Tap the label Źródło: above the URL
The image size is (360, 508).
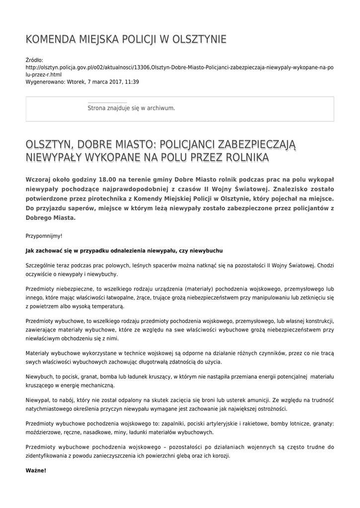(x=34, y=60)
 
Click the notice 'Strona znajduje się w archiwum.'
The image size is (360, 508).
(x=131, y=108)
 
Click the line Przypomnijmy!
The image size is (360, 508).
(x=44, y=236)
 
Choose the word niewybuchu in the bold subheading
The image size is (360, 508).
(x=209, y=251)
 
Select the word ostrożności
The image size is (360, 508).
(x=270, y=409)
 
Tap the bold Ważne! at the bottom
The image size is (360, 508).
(x=36, y=470)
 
